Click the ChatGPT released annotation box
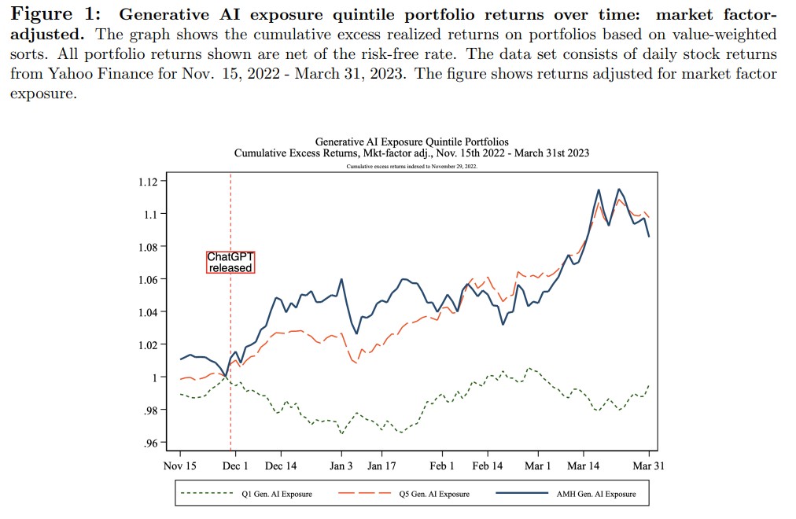click(x=230, y=262)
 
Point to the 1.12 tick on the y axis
click(x=148, y=182)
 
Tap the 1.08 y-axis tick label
click(x=148, y=247)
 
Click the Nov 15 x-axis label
click(x=180, y=466)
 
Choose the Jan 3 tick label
click(x=341, y=466)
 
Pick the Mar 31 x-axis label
click(x=649, y=466)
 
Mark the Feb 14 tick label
click(x=487, y=466)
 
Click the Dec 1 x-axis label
click(x=235, y=466)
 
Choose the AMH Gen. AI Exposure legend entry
click(x=595, y=494)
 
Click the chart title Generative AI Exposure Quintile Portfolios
click(x=411, y=142)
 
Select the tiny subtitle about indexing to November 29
click(x=411, y=167)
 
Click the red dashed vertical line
click(x=230, y=330)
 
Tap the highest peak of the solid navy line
click(x=599, y=190)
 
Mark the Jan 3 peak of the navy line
click(x=341, y=279)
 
